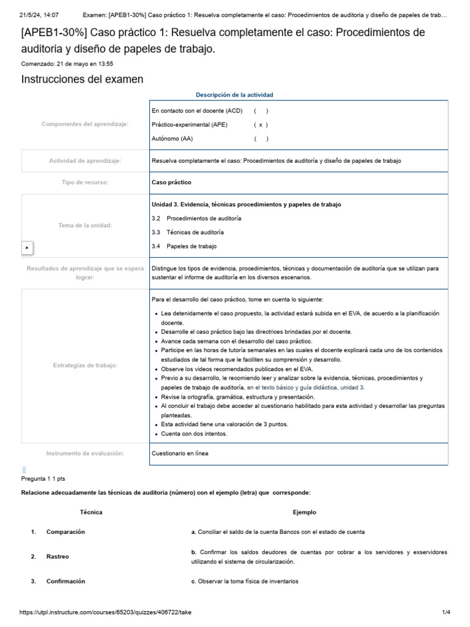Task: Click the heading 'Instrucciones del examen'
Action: [82, 79]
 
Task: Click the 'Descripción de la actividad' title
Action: [234, 95]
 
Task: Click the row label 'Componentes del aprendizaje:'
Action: [85, 124]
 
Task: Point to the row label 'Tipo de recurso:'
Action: [85, 182]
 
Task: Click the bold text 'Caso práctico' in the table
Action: [171, 182]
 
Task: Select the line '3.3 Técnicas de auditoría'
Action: [187, 232]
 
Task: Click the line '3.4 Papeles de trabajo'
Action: [184, 246]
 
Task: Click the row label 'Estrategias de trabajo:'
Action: [85, 366]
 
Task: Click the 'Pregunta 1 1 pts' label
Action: [43, 479]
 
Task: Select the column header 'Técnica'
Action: [91, 512]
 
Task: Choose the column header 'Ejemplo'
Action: [304, 512]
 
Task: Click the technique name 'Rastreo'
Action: [58, 557]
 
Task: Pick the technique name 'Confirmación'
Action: [65, 581]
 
